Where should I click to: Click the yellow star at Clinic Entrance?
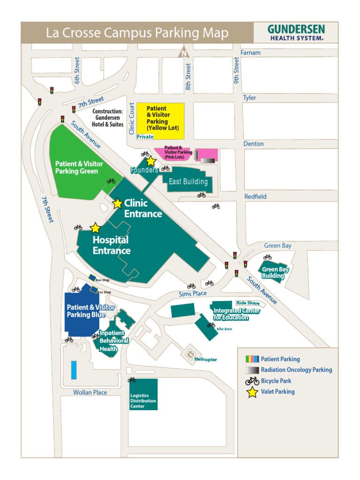tap(117, 203)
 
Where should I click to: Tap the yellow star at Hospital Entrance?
tap(95, 228)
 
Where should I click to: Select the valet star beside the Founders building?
tap(150, 162)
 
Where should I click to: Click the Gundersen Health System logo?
tap(296, 32)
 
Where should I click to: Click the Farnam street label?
tap(250, 52)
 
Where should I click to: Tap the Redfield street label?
tap(255, 196)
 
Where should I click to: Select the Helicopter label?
tap(205, 360)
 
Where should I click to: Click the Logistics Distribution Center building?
tap(143, 394)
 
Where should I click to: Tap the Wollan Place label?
tap(90, 392)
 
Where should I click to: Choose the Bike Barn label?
tap(224, 330)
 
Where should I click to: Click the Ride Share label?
tap(248, 303)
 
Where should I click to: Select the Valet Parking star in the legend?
tap(252, 392)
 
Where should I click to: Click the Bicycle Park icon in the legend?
tap(252, 381)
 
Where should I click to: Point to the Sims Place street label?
tap(193, 293)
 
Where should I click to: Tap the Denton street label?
tap(253, 143)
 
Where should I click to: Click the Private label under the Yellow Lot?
tap(145, 137)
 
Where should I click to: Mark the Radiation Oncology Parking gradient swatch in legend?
tap(252, 370)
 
